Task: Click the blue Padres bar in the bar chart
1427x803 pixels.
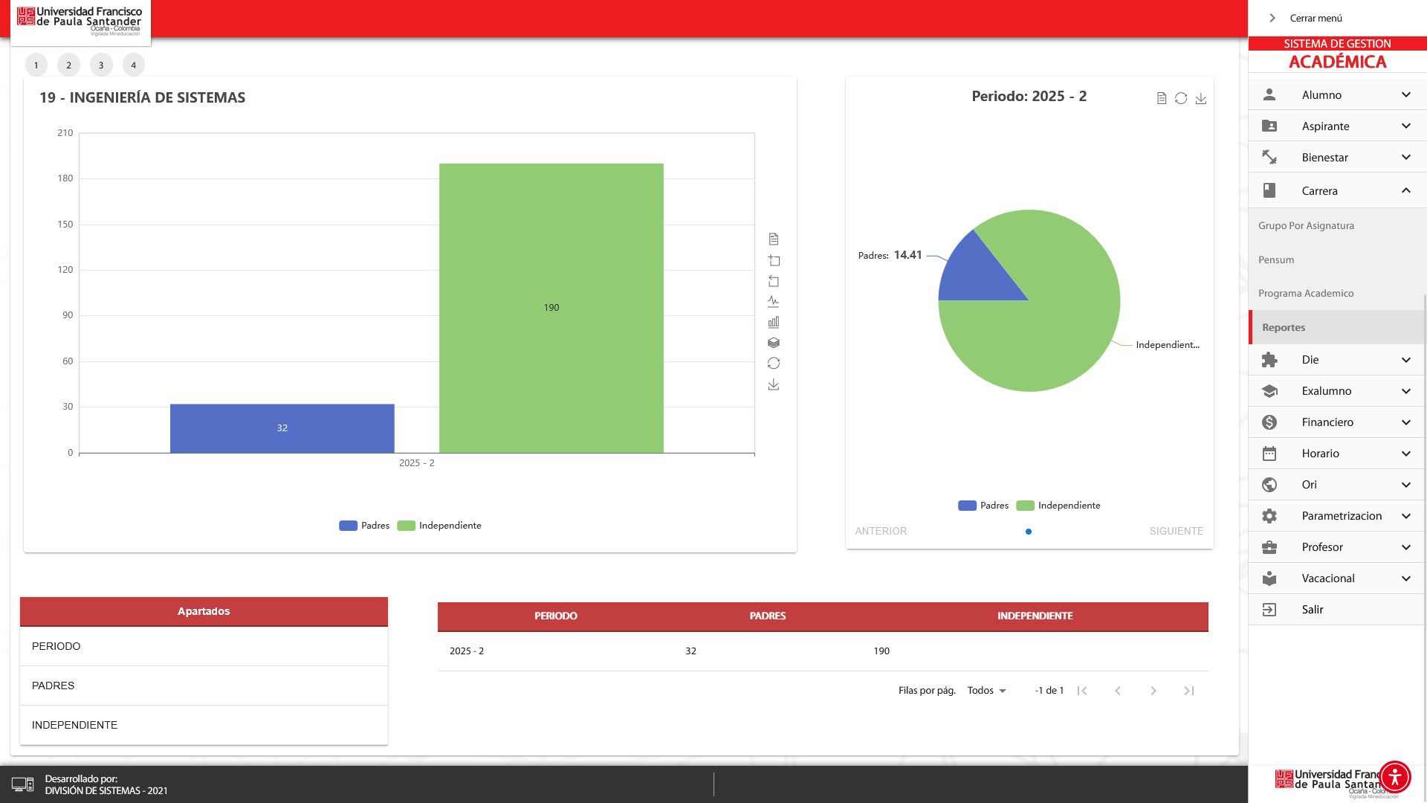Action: tap(282, 428)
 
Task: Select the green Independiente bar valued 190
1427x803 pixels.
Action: tap(551, 308)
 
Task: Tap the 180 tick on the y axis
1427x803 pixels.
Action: tap(65, 178)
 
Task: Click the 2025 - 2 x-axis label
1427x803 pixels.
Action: tap(416, 463)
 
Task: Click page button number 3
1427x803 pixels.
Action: tap(101, 65)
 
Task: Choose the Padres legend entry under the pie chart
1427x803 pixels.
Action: tap(983, 506)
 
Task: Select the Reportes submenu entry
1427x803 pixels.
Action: tap(1284, 328)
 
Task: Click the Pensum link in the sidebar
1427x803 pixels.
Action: tap(1276, 260)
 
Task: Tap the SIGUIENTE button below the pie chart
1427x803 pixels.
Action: tap(1176, 532)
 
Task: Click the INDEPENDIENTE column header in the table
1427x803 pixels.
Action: tap(1035, 616)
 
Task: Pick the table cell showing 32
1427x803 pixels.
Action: tap(690, 651)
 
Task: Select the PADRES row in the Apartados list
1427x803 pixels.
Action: tap(54, 686)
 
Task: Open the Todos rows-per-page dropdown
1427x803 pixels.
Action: tap(986, 691)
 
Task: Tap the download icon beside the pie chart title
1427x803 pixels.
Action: tap(1200, 99)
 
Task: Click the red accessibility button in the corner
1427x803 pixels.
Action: tap(1394, 777)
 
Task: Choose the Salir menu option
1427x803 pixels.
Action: tap(1312, 610)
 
